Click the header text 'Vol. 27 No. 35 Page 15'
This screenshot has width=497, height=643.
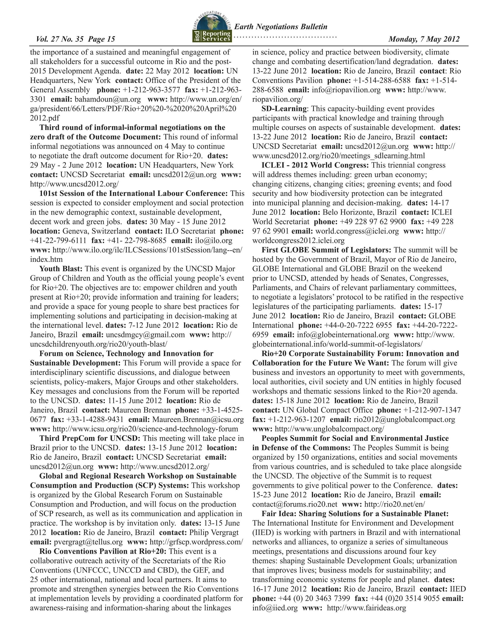75,39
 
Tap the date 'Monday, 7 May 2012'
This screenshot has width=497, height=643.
424,39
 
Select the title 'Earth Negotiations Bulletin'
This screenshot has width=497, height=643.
281,27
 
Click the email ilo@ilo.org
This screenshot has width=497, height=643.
214,240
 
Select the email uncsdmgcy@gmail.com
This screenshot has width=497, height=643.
145,335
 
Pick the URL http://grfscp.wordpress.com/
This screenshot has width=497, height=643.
196,542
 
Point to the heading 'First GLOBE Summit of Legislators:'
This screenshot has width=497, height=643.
326,250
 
